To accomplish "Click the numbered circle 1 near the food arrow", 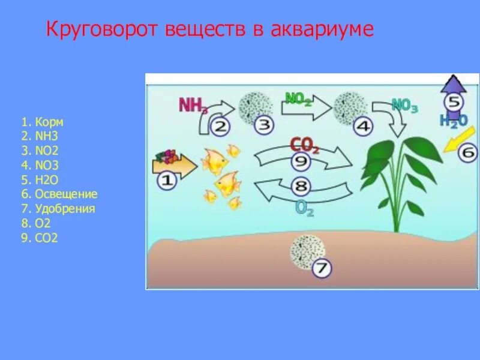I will point(167,180).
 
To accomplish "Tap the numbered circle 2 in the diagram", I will point(220,127).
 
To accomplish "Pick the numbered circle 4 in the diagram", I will point(363,126).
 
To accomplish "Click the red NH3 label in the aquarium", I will point(193,106).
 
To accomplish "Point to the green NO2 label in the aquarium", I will point(298,98).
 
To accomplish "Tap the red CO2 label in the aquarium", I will point(304,144).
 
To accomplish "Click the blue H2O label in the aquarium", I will point(453,121).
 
